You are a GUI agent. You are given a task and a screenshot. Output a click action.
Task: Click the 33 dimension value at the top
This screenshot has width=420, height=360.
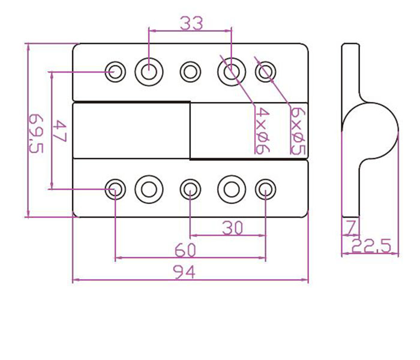[191, 23]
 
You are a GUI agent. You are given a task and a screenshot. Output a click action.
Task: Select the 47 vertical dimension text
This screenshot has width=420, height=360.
[61, 131]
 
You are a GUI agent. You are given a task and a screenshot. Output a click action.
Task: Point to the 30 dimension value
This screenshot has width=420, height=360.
[232, 228]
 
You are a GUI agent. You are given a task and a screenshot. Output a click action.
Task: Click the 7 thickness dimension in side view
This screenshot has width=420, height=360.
[350, 227]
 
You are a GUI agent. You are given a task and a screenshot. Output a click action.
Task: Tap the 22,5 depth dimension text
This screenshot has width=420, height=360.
[372, 246]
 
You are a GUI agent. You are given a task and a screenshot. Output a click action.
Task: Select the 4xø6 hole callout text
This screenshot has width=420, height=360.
[261, 130]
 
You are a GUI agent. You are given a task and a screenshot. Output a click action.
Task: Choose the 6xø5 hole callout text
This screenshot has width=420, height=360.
[295, 130]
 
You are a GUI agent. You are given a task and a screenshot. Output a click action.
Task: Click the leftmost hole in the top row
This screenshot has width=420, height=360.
[115, 72]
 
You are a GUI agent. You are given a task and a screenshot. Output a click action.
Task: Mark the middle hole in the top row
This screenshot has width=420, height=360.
[190, 72]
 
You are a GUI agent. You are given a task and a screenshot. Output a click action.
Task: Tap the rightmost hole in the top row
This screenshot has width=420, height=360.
[265, 72]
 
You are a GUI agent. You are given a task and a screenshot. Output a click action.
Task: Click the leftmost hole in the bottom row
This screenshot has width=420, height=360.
[115, 190]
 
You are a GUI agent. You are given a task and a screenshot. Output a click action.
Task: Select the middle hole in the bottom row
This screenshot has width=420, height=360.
[190, 190]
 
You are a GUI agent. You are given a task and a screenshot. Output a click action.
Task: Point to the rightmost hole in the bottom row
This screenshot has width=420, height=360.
[265, 190]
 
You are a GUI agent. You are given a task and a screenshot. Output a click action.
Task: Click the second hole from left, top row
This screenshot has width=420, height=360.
[149, 72]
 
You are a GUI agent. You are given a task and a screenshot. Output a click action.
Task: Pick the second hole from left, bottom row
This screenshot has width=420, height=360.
[149, 190]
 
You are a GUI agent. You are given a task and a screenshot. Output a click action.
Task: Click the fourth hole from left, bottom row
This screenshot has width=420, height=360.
[232, 190]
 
